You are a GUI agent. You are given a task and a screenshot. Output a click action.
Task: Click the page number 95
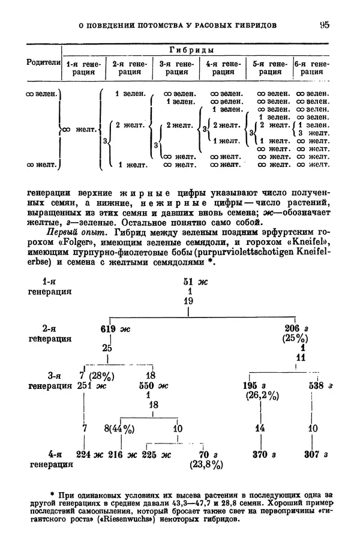[x=324, y=25]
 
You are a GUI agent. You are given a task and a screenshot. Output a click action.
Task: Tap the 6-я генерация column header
[x=311, y=67]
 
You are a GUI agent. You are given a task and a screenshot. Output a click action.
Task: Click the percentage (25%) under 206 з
[x=295, y=339]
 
